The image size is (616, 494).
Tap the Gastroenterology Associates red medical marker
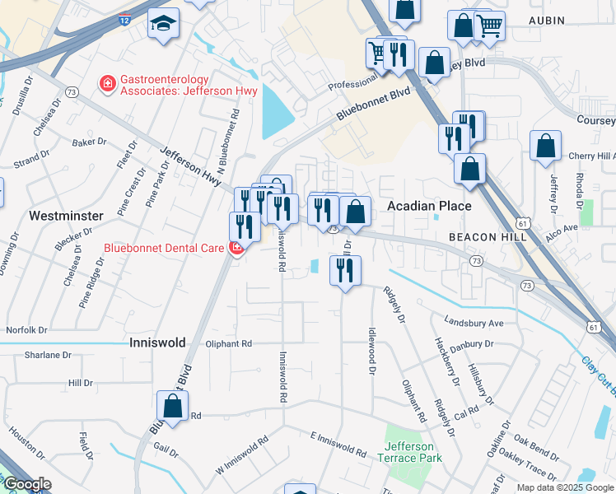tap(106, 83)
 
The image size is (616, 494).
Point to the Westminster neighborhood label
tap(66, 216)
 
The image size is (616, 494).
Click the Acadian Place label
tap(429, 206)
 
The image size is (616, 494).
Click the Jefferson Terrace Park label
tap(412, 452)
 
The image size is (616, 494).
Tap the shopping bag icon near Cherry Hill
tap(545, 147)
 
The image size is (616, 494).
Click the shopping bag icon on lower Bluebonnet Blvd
tap(172, 406)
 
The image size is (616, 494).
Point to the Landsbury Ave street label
tap(473, 322)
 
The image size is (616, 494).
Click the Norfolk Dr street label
tap(26, 330)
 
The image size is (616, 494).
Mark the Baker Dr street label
tap(89, 142)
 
